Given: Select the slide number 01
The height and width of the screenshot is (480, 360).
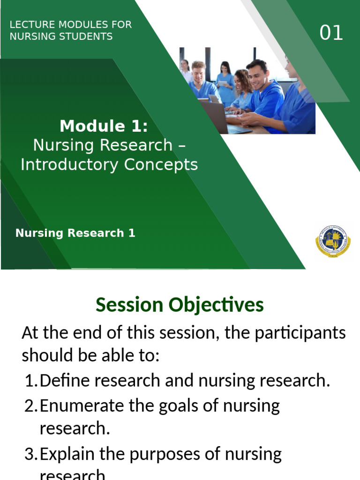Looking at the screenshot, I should click(331, 33).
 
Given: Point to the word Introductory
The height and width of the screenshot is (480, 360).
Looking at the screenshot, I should click(70, 165).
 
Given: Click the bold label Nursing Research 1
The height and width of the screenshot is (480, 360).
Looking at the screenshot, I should click(75, 233).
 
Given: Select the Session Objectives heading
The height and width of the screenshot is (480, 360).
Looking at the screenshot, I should click(180, 305).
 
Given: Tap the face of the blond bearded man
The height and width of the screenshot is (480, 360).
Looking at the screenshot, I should click(199, 74).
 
